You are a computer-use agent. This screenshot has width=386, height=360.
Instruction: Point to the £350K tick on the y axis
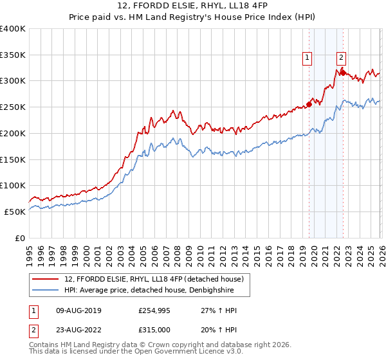click(13, 55)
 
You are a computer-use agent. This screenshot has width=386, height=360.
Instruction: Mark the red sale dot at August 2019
click(309, 104)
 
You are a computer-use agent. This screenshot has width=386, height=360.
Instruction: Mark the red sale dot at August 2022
click(343, 73)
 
